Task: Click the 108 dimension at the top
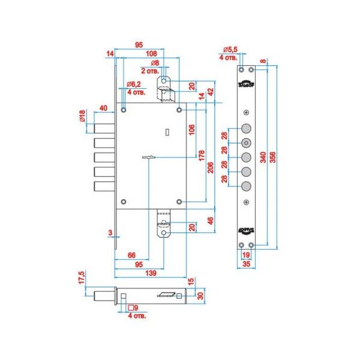(152, 53)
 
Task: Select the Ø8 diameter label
(154, 62)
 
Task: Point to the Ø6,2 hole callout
(134, 85)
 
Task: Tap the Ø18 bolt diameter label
(83, 115)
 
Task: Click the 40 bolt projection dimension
(103, 108)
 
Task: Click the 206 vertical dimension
(211, 168)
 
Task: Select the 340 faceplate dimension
(263, 157)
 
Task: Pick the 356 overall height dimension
(273, 157)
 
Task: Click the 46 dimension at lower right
(211, 221)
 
